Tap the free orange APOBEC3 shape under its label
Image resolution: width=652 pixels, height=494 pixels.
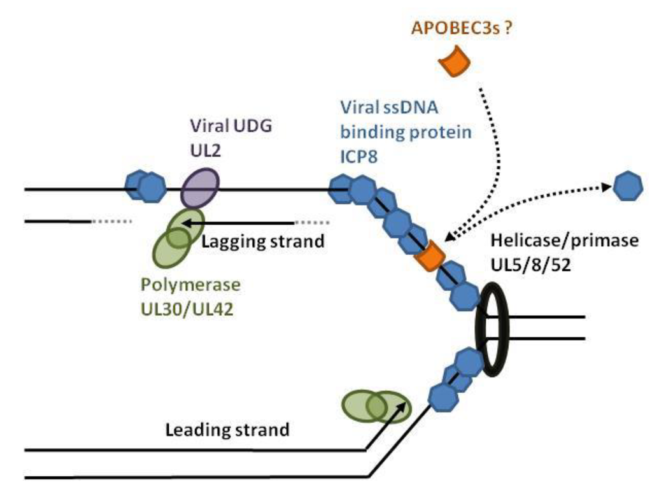click(455, 62)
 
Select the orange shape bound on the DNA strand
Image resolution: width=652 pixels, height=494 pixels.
click(428, 256)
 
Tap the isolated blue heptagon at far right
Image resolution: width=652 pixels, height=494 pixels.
click(628, 186)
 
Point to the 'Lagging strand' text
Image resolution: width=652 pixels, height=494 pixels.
click(263, 243)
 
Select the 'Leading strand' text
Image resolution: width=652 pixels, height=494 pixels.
click(227, 430)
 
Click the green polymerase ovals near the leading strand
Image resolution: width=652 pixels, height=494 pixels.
click(376, 406)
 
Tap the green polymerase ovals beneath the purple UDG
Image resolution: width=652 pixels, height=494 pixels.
click(178, 238)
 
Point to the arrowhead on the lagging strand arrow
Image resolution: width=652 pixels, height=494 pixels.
click(185, 223)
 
